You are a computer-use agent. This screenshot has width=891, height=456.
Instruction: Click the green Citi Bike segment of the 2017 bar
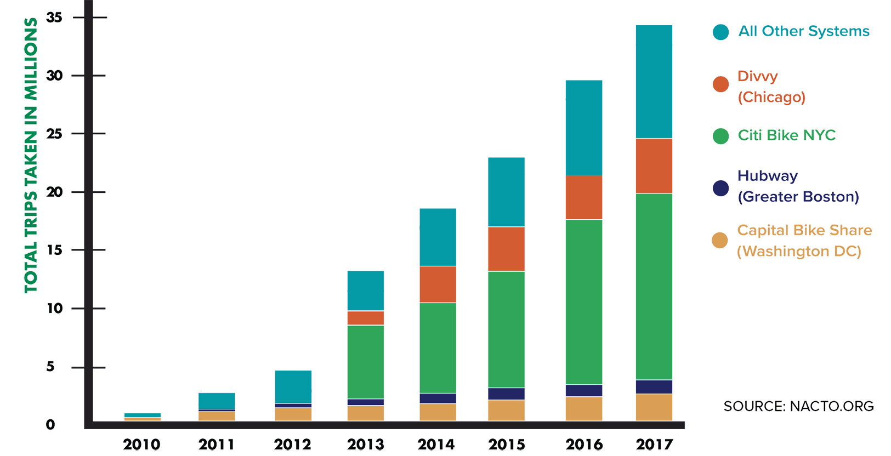(x=654, y=286)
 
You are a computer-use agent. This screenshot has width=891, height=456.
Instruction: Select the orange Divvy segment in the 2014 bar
(x=438, y=284)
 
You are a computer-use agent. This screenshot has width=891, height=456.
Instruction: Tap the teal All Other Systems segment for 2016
(x=583, y=128)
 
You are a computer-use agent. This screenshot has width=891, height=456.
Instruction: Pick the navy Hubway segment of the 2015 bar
(x=506, y=394)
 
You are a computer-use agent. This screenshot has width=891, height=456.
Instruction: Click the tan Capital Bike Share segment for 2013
(x=365, y=413)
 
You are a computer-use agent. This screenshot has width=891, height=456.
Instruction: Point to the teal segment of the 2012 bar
(x=293, y=386)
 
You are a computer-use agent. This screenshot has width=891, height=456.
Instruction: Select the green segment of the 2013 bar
(x=365, y=362)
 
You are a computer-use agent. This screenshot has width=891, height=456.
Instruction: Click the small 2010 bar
(x=142, y=417)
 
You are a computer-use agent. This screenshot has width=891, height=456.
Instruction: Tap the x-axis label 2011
(x=216, y=444)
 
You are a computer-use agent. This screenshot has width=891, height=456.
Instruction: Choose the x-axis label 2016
(x=584, y=444)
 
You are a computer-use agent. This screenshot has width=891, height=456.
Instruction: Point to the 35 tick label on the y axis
(x=54, y=18)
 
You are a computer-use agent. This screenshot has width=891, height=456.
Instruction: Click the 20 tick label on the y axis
(x=54, y=192)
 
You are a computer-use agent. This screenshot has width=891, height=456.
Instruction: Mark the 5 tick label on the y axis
(x=50, y=367)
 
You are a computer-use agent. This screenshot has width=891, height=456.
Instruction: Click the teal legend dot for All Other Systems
(x=720, y=32)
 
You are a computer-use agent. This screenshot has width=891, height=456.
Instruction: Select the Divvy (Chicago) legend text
(x=771, y=87)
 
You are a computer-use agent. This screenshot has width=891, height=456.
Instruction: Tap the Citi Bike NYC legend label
(x=786, y=135)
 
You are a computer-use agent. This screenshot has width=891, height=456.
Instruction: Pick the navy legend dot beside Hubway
(x=720, y=188)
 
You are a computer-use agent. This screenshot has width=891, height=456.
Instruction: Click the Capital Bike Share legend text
(x=804, y=241)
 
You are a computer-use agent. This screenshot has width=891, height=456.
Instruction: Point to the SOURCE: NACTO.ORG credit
(x=798, y=406)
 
